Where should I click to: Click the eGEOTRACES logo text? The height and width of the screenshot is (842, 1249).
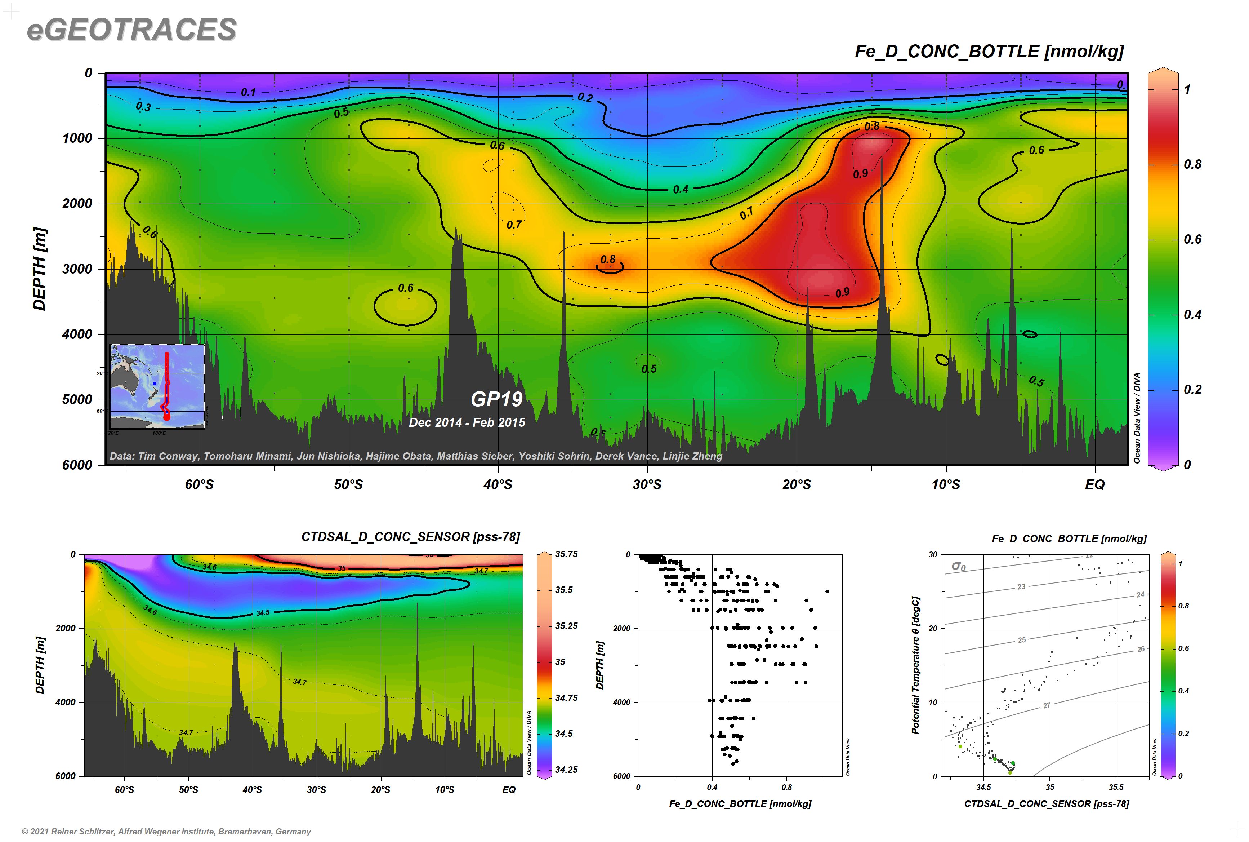(131, 30)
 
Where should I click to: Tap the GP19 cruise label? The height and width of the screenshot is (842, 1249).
(496, 399)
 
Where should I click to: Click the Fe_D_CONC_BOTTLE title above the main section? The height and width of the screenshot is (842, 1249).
(989, 52)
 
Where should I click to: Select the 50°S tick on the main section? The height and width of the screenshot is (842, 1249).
(348, 484)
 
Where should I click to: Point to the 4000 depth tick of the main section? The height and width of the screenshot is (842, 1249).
(77, 334)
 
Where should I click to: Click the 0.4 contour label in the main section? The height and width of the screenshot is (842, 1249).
(681, 189)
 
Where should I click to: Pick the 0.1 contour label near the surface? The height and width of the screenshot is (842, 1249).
(248, 92)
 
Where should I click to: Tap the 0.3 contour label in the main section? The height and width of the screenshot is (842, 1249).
(143, 107)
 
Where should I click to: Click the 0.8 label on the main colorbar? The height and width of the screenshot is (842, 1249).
(1193, 164)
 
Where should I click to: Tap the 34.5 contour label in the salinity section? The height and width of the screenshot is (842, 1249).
(263, 613)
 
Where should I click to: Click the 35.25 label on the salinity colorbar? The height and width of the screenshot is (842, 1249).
(566, 626)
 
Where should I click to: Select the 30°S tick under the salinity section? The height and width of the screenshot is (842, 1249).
(316, 789)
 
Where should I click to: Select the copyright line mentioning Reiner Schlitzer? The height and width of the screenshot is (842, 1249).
(166, 831)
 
